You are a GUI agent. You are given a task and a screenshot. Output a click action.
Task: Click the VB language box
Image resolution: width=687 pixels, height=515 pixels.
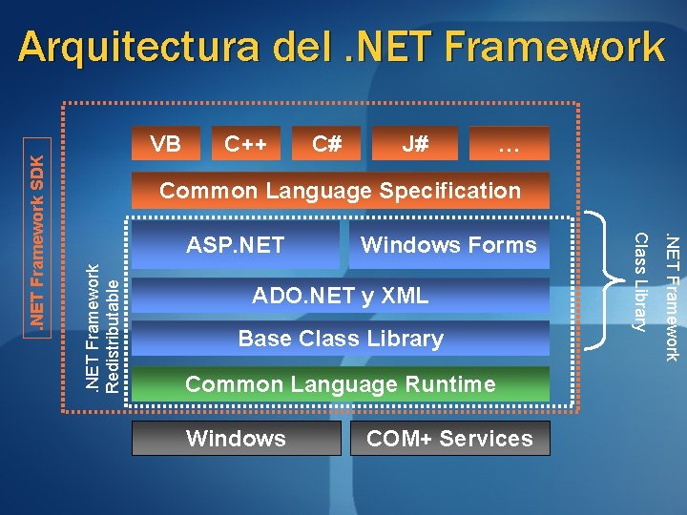point(166,144)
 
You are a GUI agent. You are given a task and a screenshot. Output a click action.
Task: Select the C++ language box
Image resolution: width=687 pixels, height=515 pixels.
point(245,144)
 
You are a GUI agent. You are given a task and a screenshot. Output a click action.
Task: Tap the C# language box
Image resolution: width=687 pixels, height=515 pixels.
point(327,144)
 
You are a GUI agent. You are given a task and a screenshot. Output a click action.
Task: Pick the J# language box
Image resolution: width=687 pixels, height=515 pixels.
point(414,144)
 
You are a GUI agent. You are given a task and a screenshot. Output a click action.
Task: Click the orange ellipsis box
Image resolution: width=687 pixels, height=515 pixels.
point(509,144)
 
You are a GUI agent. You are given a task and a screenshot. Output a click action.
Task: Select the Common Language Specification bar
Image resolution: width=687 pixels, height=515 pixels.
point(340,191)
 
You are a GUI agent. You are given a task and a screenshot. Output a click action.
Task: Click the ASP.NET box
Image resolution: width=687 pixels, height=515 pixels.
point(235,245)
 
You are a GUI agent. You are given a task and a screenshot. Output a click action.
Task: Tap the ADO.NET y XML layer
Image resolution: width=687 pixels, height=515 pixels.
point(340,297)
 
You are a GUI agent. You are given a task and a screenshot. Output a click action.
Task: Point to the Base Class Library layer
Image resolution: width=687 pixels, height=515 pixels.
point(340,339)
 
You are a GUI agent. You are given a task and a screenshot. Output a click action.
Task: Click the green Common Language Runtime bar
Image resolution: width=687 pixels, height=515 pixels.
point(340,384)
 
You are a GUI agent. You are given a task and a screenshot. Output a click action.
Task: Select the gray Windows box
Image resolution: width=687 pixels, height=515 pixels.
point(236,439)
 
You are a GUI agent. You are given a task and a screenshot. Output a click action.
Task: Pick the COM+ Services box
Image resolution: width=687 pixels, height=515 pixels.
point(449,439)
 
